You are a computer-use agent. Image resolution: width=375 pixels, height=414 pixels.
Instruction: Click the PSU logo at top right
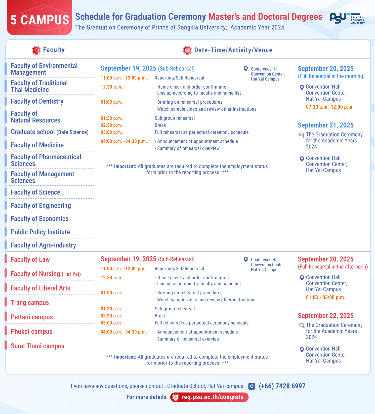click(347, 18)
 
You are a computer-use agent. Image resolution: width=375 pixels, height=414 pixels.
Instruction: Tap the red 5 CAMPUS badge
click(39, 19)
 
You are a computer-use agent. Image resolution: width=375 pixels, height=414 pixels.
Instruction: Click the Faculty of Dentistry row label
click(37, 101)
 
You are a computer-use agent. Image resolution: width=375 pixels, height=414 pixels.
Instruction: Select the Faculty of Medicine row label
click(37, 145)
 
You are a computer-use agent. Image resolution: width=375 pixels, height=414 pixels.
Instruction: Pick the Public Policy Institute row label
click(40, 232)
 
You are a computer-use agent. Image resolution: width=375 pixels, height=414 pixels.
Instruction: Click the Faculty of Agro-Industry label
click(44, 245)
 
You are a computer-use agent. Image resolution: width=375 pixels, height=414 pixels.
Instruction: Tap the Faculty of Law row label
click(30, 260)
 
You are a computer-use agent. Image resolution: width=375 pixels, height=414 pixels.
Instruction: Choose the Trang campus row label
click(30, 303)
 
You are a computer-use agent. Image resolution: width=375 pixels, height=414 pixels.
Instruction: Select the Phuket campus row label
click(32, 332)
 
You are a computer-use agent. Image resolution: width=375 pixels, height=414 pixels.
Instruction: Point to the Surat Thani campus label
click(37, 346)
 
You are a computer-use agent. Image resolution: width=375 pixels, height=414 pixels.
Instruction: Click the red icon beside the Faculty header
click(36, 50)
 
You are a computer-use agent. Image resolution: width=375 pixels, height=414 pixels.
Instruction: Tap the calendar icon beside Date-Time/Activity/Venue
click(187, 50)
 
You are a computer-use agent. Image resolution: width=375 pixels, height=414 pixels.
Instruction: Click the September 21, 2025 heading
click(325, 125)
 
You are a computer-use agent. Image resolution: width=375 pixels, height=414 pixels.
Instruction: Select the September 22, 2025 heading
click(325, 316)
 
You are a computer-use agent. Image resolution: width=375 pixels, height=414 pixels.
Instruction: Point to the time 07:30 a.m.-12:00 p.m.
click(330, 107)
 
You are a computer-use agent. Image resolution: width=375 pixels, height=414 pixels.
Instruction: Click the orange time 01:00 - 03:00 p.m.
click(325, 298)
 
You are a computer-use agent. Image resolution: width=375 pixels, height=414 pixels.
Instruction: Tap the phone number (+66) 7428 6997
click(282, 386)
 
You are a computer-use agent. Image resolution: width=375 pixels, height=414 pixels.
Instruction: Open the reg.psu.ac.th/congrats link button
click(209, 397)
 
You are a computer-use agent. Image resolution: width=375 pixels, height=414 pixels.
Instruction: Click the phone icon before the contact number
click(252, 386)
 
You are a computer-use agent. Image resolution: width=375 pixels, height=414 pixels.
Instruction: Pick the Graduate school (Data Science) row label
click(50, 132)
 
